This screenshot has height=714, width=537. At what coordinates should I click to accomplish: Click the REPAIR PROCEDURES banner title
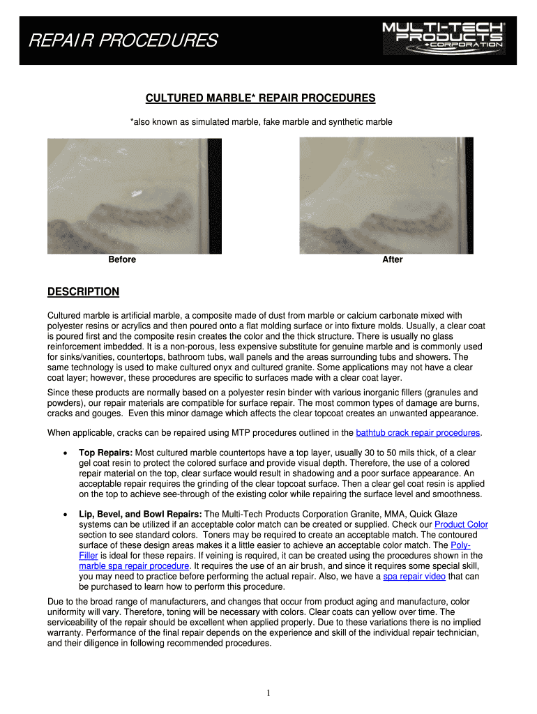click(x=122, y=42)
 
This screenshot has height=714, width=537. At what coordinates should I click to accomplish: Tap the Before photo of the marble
click(x=134, y=195)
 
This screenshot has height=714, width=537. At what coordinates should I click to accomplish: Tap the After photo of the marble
click(x=386, y=195)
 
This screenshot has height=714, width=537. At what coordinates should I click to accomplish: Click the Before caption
click(x=122, y=259)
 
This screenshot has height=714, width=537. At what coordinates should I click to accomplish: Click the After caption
click(x=392, y=259)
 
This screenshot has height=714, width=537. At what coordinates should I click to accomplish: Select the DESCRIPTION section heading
click(x=83, y=291)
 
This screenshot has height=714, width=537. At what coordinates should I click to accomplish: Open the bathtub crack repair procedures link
click(x=418, y=432)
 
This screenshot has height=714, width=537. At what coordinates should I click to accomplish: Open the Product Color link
click(x=461, y=524)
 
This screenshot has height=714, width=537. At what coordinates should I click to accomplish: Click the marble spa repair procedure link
click(x=135, y=566)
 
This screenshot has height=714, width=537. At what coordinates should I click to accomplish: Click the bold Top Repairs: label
click(x=105, y=453)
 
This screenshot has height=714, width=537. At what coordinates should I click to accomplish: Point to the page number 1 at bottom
click(x=268, y=692)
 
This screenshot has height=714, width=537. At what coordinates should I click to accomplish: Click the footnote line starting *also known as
click(x=261, y=122)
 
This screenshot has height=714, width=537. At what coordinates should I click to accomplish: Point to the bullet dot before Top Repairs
click(x=65, y=453)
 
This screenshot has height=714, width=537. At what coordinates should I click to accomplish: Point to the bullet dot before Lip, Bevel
click(x=65, y=515)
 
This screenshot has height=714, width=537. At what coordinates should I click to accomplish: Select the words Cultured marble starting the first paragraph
click(x=76, y=315)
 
